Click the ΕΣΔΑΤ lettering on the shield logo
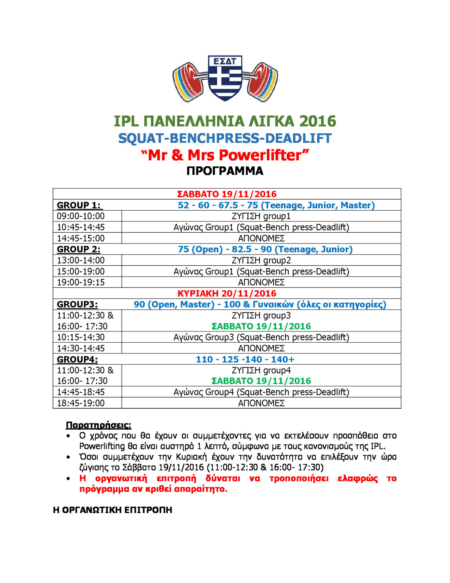click(225, 62)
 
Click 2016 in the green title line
click(318, 121)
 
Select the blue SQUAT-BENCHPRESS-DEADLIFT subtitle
click(225, 138)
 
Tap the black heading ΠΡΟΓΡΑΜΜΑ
click(225, 171)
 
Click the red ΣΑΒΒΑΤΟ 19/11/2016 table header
click(227, 194)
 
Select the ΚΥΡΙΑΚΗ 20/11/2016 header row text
click(227, 293)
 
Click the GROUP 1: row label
click(79, 205)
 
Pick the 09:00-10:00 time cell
click(81, 216)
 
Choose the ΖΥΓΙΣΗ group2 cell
click(261, 260)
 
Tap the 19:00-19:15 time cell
click(81, 282)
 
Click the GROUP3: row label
click(77, 305)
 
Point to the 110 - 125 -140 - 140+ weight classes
click(245, 360)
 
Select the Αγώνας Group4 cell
click(261, 392)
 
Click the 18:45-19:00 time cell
click(81, 403)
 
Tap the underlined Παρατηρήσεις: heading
click(98, 425)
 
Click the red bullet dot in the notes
click(68, 479)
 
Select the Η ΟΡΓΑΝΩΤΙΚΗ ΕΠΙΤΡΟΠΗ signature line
click(112, 510)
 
